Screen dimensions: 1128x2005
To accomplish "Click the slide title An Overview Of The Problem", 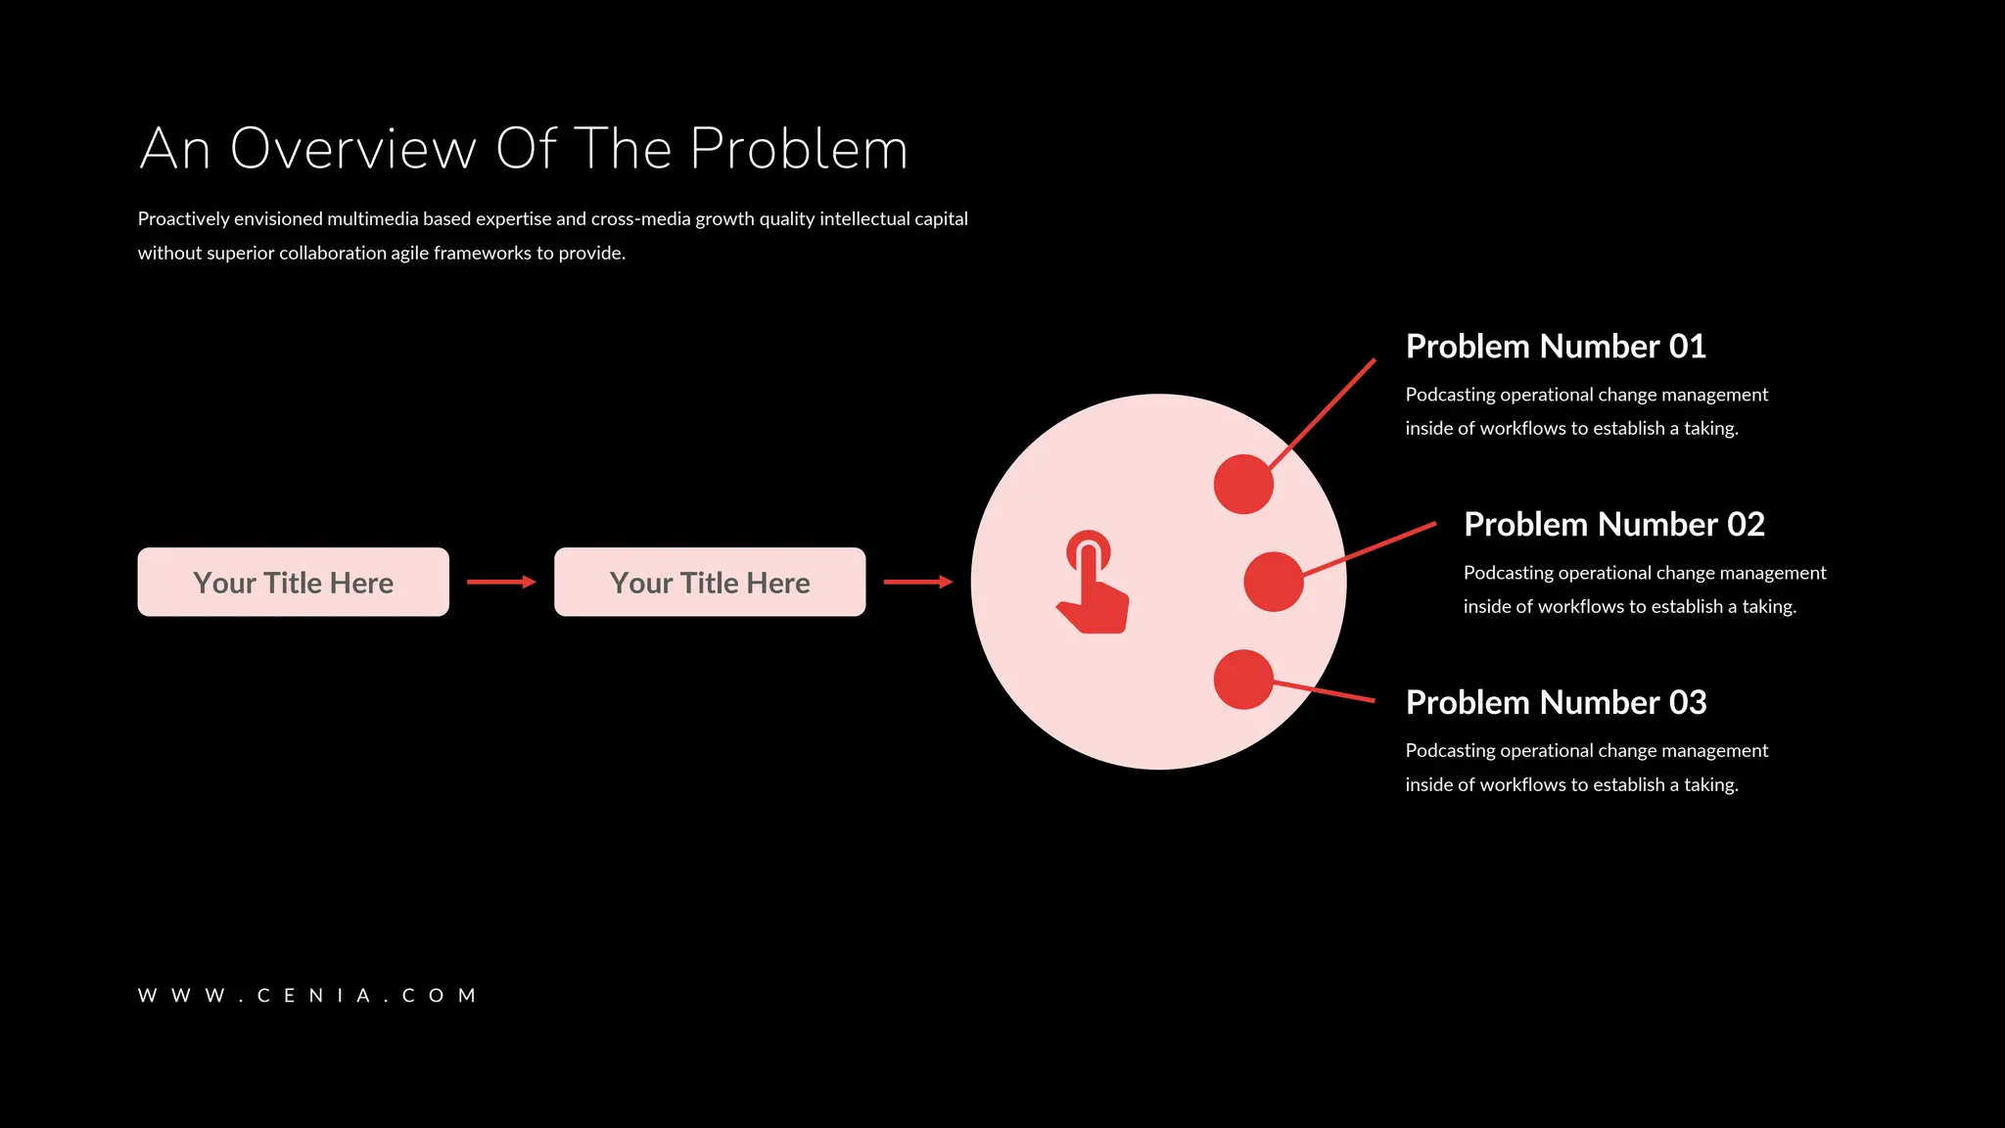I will point(524,149).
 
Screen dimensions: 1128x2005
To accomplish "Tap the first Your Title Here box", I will point(293,582).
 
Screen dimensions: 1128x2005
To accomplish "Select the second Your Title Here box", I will point(710,582).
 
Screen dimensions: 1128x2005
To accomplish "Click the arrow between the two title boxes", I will point(501,582).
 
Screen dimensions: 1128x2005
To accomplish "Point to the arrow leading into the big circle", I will point(917,582).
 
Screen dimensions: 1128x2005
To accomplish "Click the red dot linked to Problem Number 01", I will point(1243,484).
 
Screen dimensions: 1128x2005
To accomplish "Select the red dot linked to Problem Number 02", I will point(1273,582).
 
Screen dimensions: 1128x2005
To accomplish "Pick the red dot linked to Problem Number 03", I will point(1243,680).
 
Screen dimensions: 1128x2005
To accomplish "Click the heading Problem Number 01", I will point(1556,347).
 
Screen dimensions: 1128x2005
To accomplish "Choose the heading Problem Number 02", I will point(1613,525).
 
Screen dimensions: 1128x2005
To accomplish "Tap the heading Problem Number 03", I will point(1556,703).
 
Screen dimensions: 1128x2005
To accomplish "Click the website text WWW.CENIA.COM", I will point(307,996).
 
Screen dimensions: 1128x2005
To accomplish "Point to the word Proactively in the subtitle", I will point(183,219).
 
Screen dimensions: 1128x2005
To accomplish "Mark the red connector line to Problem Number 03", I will point(1327,691).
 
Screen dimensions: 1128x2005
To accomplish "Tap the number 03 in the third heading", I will point(1688,703).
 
